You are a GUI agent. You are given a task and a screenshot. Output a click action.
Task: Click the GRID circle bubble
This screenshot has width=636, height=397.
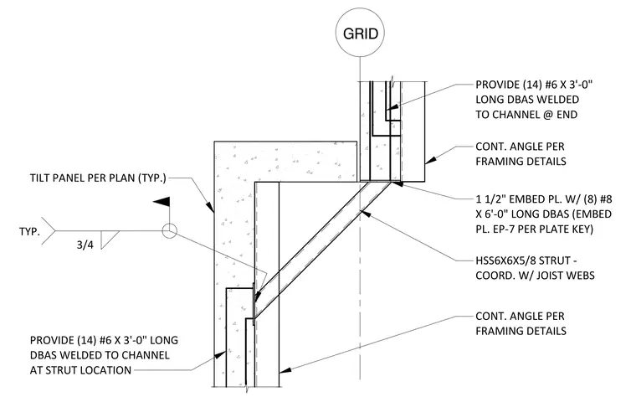point(360,33)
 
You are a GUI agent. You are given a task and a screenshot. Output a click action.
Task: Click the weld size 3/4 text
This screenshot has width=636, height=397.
point(85,245)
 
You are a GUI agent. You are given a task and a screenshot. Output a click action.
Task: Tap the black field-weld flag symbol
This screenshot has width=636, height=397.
point(162,201)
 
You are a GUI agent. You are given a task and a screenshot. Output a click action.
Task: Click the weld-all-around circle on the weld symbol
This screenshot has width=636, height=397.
point(170,231)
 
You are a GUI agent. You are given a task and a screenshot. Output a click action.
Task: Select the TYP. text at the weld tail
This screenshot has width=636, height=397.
point(29,232)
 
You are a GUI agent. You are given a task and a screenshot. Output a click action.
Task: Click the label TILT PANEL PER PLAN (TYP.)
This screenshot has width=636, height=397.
point(98,178)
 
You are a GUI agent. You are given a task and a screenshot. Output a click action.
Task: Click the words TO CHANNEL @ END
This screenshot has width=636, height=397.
point(526,115)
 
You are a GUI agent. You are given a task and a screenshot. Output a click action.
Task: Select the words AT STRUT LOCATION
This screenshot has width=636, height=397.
point(80,370)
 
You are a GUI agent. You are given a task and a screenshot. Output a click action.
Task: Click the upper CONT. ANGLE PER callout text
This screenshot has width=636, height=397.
point(520,147)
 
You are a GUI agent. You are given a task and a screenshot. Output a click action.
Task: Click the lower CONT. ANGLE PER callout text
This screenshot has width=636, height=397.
point(520,317)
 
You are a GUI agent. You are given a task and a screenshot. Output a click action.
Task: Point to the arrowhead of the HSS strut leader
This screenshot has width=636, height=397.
point(364,213)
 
